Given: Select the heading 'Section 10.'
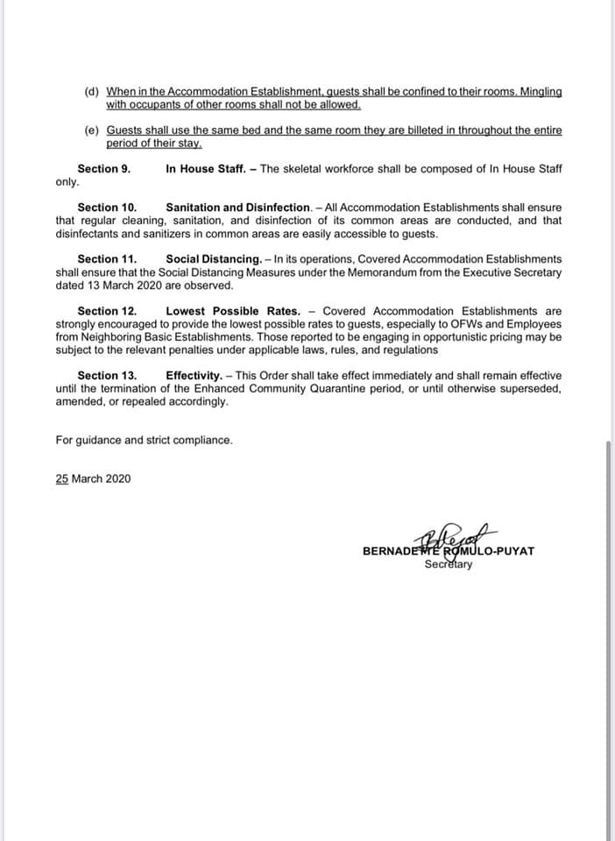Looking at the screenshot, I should tap(107, 208).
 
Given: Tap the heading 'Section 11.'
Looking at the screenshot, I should tap(107, 259).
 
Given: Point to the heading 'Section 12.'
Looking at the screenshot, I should tap(107, 311).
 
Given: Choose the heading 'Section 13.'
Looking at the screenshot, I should tap(107, 376).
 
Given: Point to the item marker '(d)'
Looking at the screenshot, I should tap(92, 91).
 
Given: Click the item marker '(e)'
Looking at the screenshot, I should tap(92, 131).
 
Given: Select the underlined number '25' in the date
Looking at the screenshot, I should tap(62, 478).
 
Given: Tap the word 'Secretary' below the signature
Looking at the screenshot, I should tap(448, 564).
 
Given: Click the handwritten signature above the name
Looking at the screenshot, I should tap(459, 539).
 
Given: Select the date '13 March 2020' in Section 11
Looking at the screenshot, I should tap(96, 286).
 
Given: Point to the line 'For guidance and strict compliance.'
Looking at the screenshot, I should tap(144, 440).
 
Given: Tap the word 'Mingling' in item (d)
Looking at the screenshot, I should tap(535, 91).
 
